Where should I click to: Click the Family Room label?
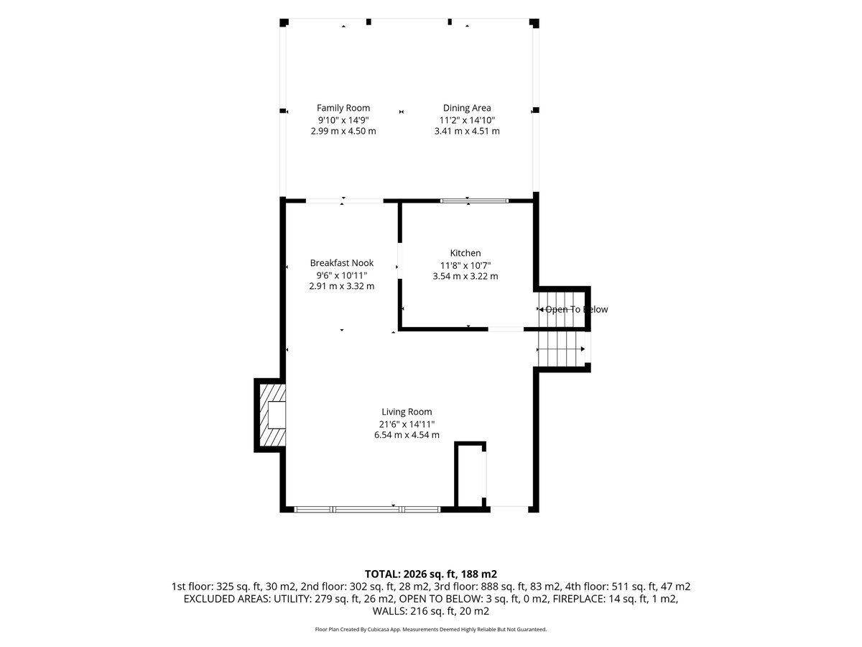pos(343,108)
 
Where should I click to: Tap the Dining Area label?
pos(467,108)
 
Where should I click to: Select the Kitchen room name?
pos(465,252)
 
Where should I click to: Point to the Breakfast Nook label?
pos(342,263)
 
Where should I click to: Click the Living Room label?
pos(407,412)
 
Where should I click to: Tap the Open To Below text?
pos(576,310)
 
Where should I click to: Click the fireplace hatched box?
pos(272,415)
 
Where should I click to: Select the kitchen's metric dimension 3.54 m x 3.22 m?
pos(465,276)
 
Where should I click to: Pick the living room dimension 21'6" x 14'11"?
pos(407,424)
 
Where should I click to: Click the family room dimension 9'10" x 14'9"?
pos(343,120)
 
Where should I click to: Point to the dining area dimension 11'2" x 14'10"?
pos(467,120)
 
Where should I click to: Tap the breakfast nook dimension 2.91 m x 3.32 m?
pos(342,286)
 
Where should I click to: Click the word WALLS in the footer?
pos(390,611)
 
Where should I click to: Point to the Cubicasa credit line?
pos(431,629)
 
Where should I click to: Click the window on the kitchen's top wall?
pos(474,201)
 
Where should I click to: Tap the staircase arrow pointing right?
pos(561,349)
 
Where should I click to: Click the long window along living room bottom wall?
pos(367,510)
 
